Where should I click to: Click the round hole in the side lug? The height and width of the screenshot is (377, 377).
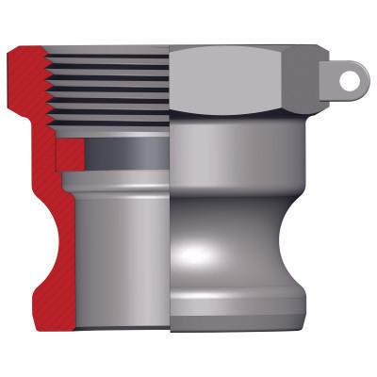(x=349, y=82)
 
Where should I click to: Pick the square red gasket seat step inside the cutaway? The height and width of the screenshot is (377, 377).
(x=68, y=153)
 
